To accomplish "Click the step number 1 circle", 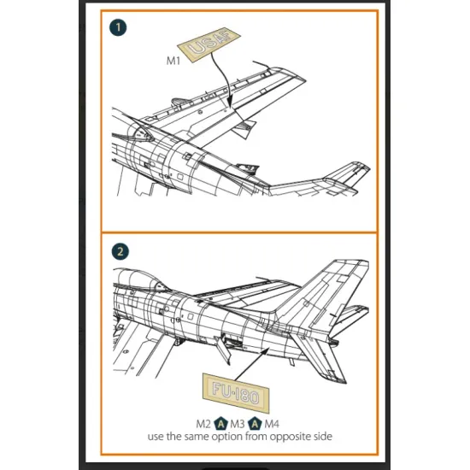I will pyautogui.click(x=119, y=26).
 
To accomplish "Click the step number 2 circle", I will pyautogui.click(x=120, y=251).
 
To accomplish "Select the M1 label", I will pyautogui.click(x=173, y=62).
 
